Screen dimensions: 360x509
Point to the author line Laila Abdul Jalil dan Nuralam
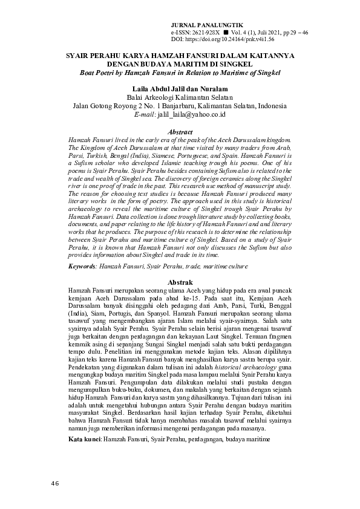click(x=180, y=88)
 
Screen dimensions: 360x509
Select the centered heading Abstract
click(x=180, y=132)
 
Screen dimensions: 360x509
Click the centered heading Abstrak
click(x=180, y=282)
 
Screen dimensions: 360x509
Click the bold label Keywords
click(x=82, y=266)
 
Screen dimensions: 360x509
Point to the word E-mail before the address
click(x=144, y=113)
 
